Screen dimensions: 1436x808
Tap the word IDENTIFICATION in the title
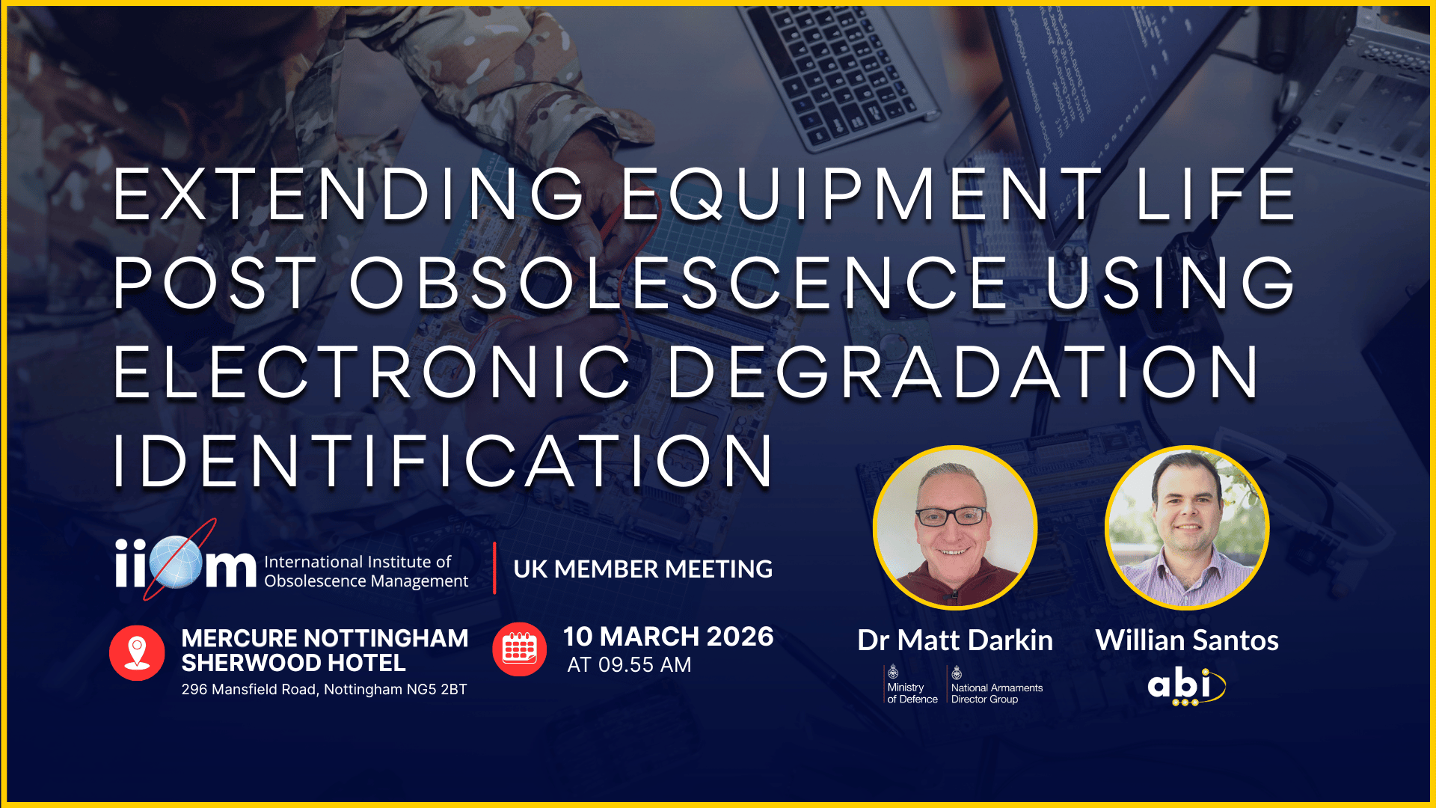(x=444, y=461)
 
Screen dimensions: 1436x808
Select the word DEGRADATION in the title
(x=964, y=372)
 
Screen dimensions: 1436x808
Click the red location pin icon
(x=137, y=652)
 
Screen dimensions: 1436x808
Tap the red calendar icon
(x=520, y=649)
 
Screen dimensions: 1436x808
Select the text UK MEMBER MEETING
(x=643, y=569)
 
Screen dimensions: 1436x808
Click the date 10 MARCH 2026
(x=669, y=637)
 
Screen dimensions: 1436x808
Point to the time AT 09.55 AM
(x=629, y=665)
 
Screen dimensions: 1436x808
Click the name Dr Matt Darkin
(x=955, y=640)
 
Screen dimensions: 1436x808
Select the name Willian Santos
(x=1187, y=640)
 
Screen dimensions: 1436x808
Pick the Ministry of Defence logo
(x=912, y=685)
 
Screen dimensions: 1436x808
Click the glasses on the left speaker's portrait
(x=951, y=516)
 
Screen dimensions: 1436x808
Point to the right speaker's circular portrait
(x=1187, y=528)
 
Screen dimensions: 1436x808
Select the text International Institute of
(x=358, y=562)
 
